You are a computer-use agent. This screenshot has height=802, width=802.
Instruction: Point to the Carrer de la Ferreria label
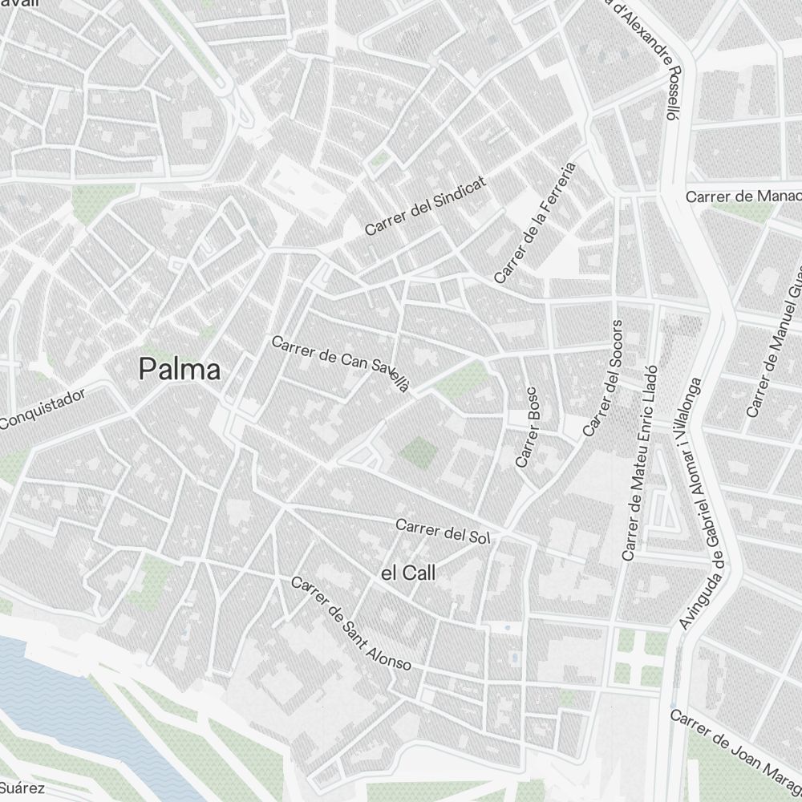click(x=536, y=224)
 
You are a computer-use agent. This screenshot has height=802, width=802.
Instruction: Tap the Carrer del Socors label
click(x=603, y=379)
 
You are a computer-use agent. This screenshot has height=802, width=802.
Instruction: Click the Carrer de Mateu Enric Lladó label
click(x=640, y=463)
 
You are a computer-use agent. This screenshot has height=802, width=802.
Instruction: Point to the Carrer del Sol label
click(x=442, y=531)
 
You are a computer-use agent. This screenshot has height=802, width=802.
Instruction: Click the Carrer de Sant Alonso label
click(x=351, y=624)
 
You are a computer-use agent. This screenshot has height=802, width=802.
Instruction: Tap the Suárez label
click(x=22, y=788)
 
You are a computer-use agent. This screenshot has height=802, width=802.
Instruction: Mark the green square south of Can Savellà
click(x=418, y=452)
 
